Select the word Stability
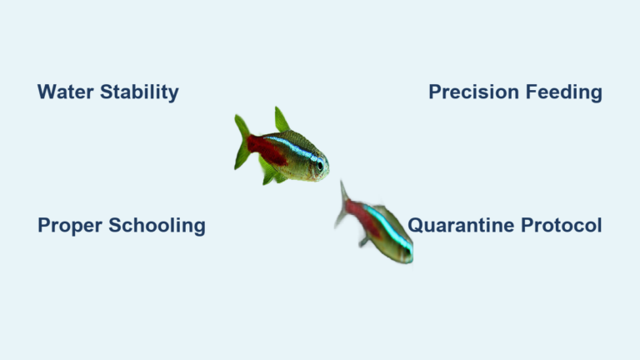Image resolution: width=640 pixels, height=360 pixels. pyautogui.click(x=139, y=92)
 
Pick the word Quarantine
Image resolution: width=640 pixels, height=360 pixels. pyautogui.click(x=462, y=225)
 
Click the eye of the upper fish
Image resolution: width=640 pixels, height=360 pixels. pyautogui.click(x=318, y=166)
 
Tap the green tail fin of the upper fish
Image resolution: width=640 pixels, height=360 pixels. pyautogui.click(x=242, y=142)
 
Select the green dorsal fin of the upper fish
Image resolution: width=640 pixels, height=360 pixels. pyautogui.click(x=282, y=121)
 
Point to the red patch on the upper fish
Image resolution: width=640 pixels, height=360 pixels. pyautogui.click(x=265, y=151)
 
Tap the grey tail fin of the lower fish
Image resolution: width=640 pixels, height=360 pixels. pyautogui.click(x=342, y=205)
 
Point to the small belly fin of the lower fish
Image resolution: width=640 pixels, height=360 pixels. pyautogui.click(x=364, y=241)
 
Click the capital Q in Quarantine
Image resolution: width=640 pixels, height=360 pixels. pyautogui.click(x=415, y=225)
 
